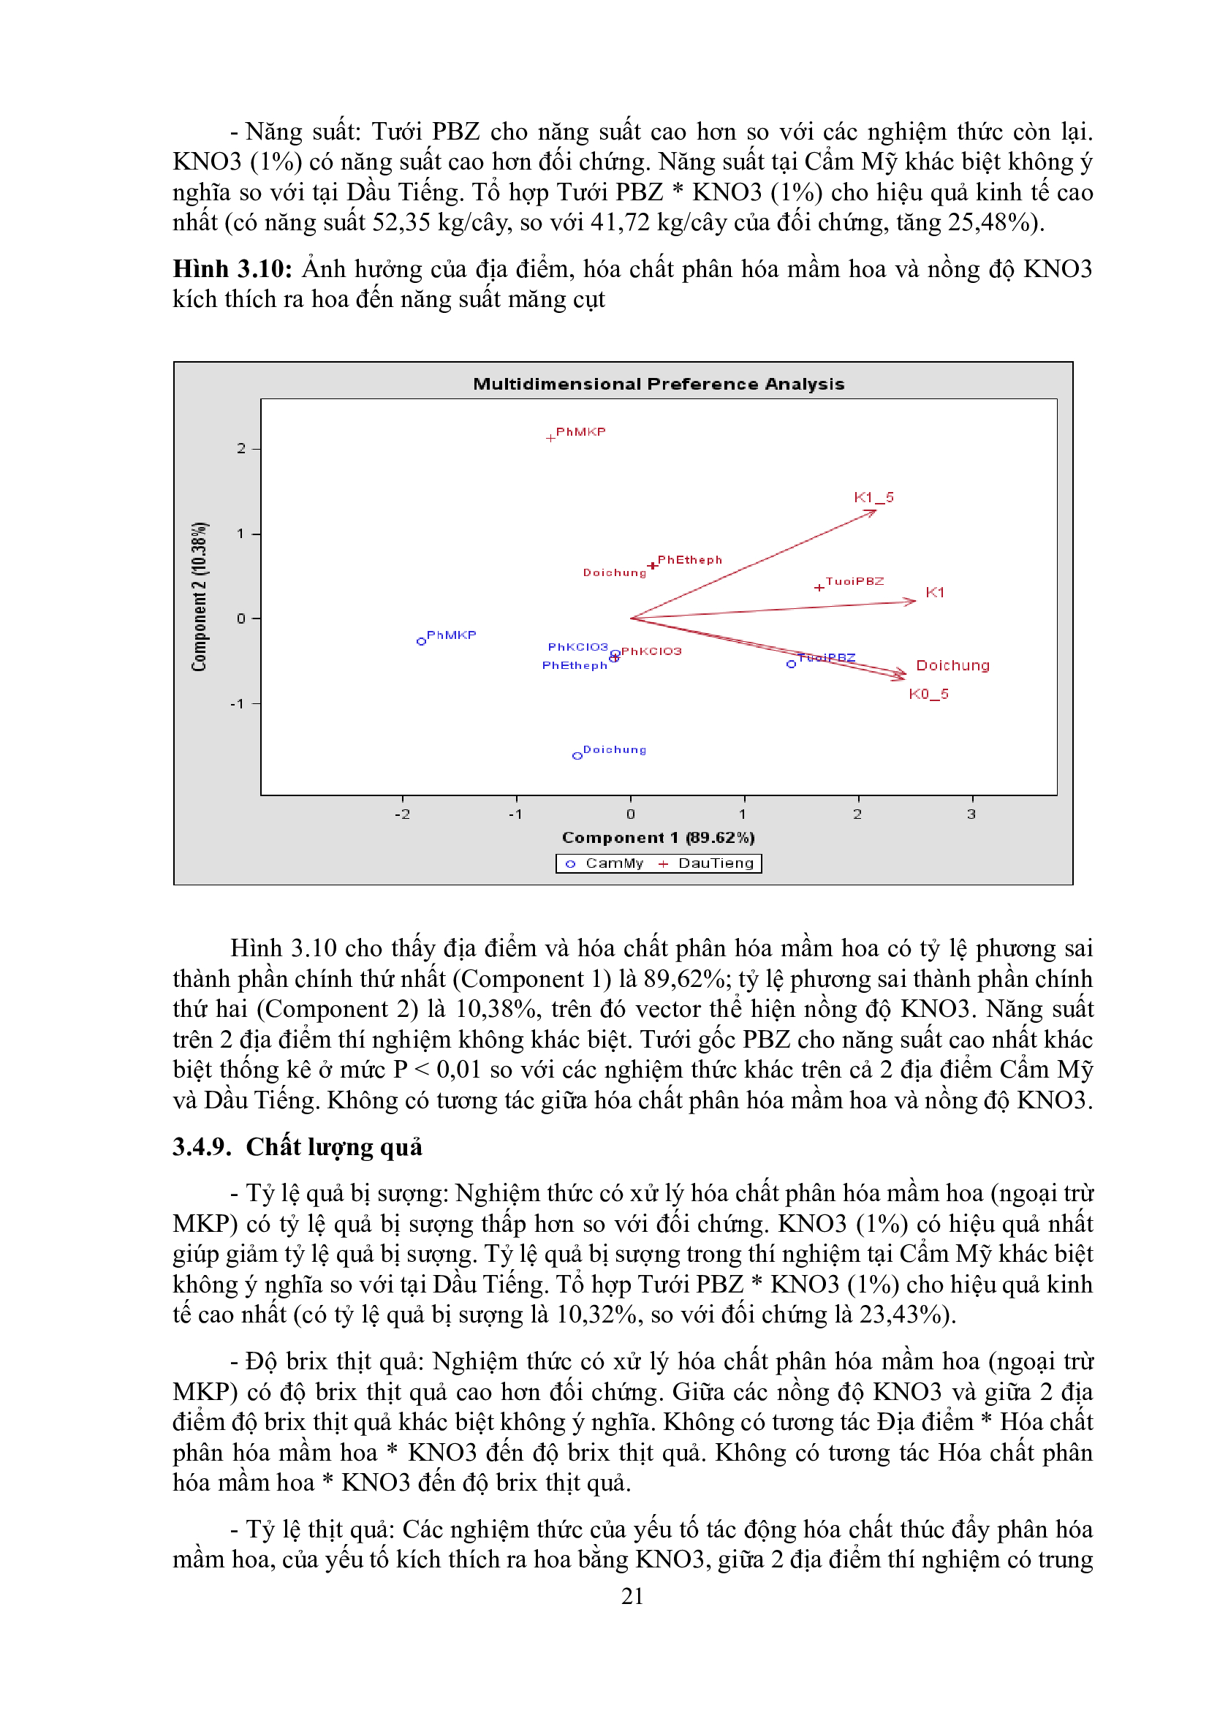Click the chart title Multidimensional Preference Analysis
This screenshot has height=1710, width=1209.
pyautogui.click(x=658, y=384)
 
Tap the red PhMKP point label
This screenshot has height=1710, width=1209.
pyautogui.click(x=580, y=432)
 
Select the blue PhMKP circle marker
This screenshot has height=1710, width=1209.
pyautogui.click(x=421, y=641)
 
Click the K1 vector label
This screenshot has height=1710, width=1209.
pyautogui.click(x=934, y=592)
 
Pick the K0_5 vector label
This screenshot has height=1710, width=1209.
pyautogui.click(x=928, y=694)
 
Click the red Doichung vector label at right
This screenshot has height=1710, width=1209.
pyautogui.click(x=952, y=665)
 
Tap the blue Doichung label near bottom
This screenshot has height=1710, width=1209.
pyautogui.click(x=614, y=749)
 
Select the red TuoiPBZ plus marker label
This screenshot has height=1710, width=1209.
pyautogui.click(x=854, y=581)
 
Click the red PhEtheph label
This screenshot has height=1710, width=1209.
pyautogui.click(x=689, y=560)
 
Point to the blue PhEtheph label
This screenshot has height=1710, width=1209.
pyautogui.click(x=574, y=665)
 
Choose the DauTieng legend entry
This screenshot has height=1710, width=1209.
pyautogui.click(x=707, y=863)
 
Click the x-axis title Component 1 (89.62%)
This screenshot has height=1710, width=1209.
pyautogui.click(x=658, y=838)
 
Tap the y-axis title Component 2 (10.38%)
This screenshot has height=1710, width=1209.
pyautogui.click(x=200, y=597)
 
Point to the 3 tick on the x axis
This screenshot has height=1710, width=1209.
pyautogui.click(x=971, y=814)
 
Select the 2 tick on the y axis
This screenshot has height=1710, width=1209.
pyautogui.click(x=241, y=448)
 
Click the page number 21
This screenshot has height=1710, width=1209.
pyautogui.click(x=632, y=1596)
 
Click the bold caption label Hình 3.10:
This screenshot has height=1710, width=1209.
pyautogui.click(x=232, y=269)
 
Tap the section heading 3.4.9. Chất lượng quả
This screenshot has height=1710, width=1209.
pyautogui.click(x=297, y=1147)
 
